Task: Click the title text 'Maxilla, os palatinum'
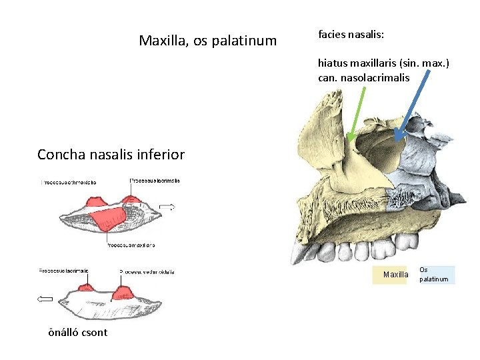click(207, 41)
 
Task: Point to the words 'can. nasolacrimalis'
click(363, 78)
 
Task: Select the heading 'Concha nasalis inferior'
click(111, 155)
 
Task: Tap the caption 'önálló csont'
click(77, 332)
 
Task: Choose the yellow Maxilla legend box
click(395, 275)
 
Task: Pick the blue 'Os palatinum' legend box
click(434, 275)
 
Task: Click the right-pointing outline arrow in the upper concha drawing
click(167, 207)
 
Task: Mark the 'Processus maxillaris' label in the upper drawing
click(131, 245)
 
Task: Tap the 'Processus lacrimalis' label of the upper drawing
click(155, 181)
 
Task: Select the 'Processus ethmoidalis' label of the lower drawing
click(147, 272)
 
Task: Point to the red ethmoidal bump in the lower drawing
click(122, 293)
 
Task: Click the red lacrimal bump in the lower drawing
click(86, 287)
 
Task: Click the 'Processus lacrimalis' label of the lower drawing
click(64, 271)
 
